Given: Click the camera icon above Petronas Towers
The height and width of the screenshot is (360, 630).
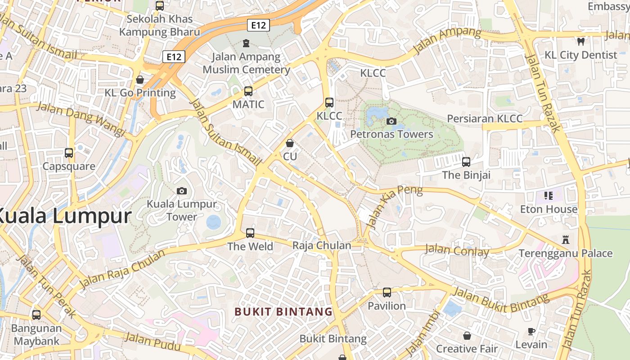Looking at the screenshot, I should pyautogui.click(x=391, y=121).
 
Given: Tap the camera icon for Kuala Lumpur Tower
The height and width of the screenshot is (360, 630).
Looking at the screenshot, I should pyautogui.click(x=182, y=191).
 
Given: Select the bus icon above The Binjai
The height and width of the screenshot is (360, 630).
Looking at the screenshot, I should pyautogui.click(x=466, y=162).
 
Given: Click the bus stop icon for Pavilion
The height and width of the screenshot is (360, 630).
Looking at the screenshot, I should pyautogui.click(x=387, y=292).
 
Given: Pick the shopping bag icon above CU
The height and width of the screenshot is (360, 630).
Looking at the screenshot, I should pyautogui.click(x=290, y=143).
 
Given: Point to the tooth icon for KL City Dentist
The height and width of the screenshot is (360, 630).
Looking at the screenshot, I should pyautogui.click(x=580, y=41).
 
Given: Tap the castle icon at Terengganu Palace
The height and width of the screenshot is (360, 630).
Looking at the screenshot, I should pyautogui.click(x=566, y=240).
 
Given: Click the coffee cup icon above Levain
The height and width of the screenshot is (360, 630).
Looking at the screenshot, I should pyautogui.click(x=531, y=332).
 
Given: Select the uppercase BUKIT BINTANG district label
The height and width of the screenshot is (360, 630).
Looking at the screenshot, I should pyautogui.click(x=283, y=311).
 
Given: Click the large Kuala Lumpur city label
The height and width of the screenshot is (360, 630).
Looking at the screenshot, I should pyautogui.click(x=63, y=216).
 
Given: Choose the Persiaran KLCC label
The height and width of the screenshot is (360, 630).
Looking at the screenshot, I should pyautogui.click(x=485, y=119).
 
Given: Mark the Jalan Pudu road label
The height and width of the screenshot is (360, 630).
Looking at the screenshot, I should pyautogui.click(x=153, y=342).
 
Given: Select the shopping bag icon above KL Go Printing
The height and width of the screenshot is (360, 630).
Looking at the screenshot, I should pyautogui.click(x=140, y=80).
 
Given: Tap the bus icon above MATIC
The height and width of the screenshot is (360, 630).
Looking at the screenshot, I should pyautogui.click(x=248, y=91).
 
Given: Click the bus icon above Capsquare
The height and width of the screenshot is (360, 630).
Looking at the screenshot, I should pyautogui.click(x=69, y=153).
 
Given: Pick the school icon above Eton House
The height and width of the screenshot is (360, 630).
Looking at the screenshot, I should pyautogui.click(x=549, y=195).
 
